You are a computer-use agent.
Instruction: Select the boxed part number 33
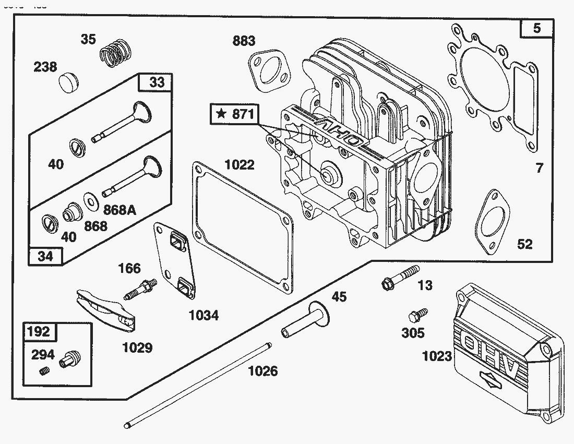coord(157,82)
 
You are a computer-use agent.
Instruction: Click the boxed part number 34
coord(46,256)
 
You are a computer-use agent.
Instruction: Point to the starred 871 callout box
coord(234,114)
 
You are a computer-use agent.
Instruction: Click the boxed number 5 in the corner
coord(537,29)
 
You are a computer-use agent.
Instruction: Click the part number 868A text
coord(119,210)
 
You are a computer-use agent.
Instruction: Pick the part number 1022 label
coord(240,165)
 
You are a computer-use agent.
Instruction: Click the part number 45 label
coord(339,296)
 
